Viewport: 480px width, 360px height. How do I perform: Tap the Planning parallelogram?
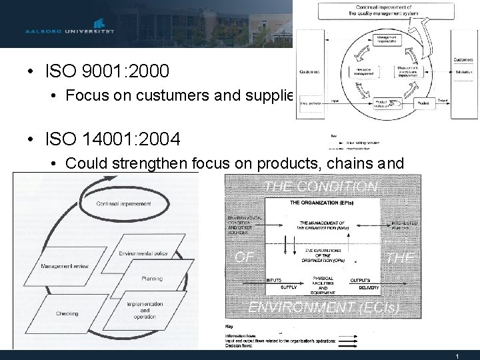point(151,279)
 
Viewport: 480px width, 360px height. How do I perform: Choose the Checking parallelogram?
point(67,313)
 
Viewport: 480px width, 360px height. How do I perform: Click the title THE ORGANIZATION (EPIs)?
point(322,202)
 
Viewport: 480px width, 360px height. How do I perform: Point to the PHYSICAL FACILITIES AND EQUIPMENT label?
point(322,283)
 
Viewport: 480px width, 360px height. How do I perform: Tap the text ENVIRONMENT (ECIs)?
point(323,307)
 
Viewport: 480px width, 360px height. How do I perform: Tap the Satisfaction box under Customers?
point(463,72)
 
